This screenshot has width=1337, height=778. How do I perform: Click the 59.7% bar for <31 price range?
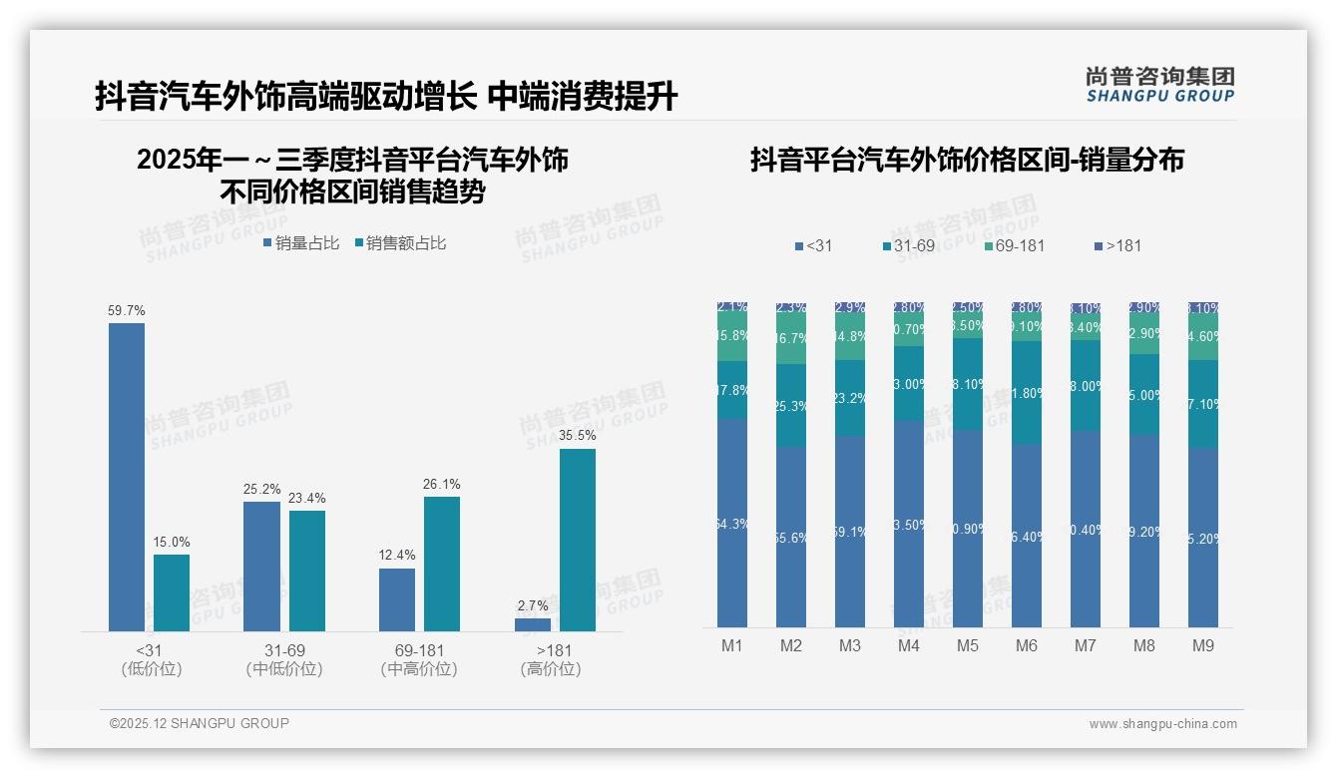coord(127,477)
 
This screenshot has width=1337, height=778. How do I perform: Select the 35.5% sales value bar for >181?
coord(577,540)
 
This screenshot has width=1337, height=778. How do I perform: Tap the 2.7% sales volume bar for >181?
coord(532,624)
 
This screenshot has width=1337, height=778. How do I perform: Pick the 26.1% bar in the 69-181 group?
coord(442,564)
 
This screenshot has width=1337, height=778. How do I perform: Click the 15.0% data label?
coord(171,543)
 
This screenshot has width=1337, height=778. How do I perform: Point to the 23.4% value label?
coord(307,499)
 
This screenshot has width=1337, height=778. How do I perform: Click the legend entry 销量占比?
coord(301,243)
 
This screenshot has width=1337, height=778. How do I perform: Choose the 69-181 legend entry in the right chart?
coord(1014,245)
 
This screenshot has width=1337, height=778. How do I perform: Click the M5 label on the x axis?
coord(967,646)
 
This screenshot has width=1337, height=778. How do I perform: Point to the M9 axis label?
coord(1203,646)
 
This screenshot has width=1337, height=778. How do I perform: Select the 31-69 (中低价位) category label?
coord(284,659)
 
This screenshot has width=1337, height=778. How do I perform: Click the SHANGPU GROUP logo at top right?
coord(1159,85)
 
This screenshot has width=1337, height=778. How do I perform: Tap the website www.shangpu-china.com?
coord(1162,724)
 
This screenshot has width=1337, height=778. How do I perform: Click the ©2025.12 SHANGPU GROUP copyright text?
coord(200,723)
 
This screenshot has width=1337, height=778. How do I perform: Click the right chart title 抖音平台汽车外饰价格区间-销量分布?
coord(967,160)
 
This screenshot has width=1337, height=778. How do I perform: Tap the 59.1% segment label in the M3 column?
coord(850,533)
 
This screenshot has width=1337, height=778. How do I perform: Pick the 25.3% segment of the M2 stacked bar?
coord(791,406)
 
